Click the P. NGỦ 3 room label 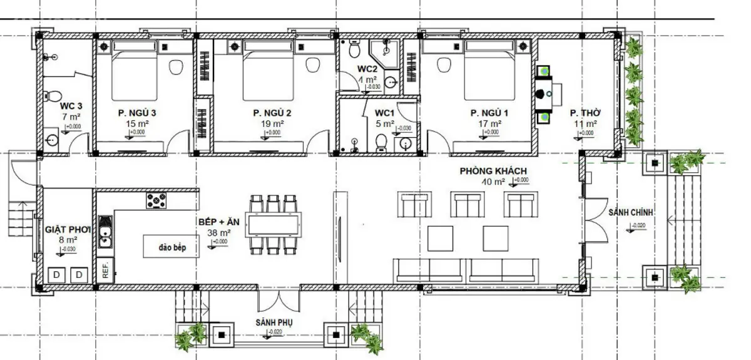136,113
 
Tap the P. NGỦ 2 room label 272,113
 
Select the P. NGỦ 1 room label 491,113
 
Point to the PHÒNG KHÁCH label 493,171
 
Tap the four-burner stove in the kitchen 156,200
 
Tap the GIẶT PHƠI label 68,230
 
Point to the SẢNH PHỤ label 274,322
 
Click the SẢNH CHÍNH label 630,213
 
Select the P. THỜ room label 585,113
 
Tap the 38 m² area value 219,232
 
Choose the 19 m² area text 273,124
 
